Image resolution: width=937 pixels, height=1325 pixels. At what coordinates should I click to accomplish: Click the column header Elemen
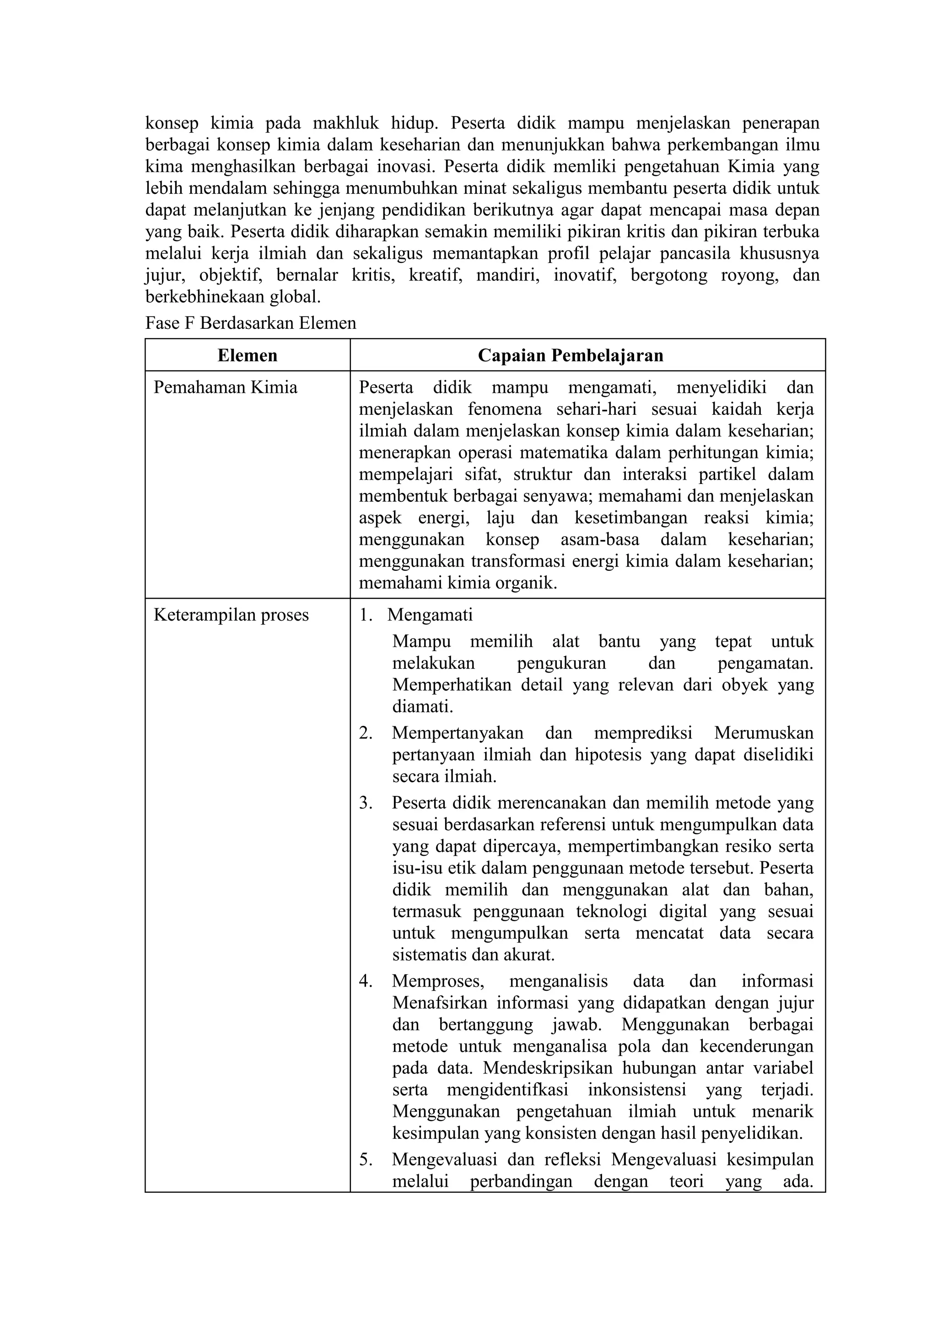[x=247, y=355]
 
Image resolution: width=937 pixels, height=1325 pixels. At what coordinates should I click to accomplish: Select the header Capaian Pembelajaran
[x=571, y=355]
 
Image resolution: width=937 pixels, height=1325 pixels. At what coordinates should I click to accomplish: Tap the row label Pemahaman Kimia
[x=225, y=387]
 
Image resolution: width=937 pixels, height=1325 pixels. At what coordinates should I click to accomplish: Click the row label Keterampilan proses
[x=231, y=615]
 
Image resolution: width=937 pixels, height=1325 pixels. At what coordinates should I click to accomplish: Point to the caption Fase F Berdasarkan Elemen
[x=251, y=323]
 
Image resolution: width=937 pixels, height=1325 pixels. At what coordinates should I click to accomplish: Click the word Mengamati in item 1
[x=430, y=615]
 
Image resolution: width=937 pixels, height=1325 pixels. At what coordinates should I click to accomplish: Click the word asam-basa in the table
[x=598, y=540]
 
